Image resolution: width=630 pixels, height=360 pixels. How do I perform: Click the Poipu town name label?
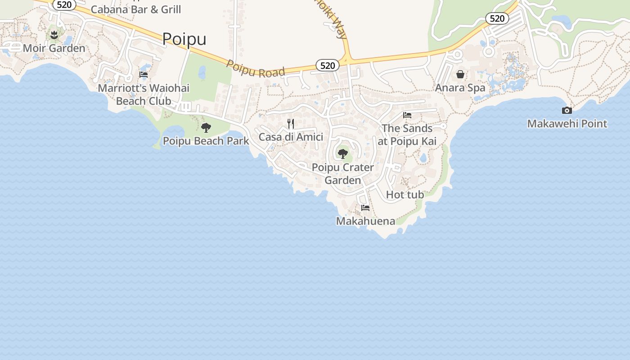click(x=184, y=39)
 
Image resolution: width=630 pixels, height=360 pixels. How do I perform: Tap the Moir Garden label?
click(x=54, y=48)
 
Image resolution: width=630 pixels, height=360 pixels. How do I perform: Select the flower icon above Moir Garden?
click(x=54, y=35)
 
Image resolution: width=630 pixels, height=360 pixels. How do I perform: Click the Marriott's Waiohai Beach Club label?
click(x=144, y=94)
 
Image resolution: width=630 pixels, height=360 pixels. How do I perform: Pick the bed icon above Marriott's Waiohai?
click(x=144, y=75)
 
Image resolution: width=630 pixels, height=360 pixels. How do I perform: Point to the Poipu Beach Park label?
click(x=206, y=141)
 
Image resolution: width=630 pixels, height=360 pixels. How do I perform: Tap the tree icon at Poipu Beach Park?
click(x=206, y=128)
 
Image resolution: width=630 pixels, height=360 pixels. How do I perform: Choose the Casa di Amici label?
click(x=291, y=137)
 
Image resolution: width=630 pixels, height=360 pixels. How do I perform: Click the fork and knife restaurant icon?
click(x=291, y=123)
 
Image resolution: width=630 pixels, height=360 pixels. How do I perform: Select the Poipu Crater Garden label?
click(x=343, y=174)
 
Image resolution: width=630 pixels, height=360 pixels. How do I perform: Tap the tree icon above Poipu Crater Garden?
click(x=343, y=154)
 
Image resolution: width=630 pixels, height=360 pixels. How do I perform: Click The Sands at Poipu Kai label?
click(x=407, y=135)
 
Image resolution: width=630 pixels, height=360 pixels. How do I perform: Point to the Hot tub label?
click(x=405, y=195)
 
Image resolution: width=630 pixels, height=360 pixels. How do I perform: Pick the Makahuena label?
click(x=365, y=221)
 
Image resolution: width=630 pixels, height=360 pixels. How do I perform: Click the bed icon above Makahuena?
click(x=365, y=208)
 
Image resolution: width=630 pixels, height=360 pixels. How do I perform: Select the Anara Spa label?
click(x=460, y=88)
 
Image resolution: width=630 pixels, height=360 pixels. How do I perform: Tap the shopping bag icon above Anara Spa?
click(x=460, y=74)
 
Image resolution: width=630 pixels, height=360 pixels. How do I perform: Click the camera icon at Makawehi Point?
click(x=567, y=110)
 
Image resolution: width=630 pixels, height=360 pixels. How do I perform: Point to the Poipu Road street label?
click(x=256, y=69)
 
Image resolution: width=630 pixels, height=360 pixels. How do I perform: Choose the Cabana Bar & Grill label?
click(x=136, y=9)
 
